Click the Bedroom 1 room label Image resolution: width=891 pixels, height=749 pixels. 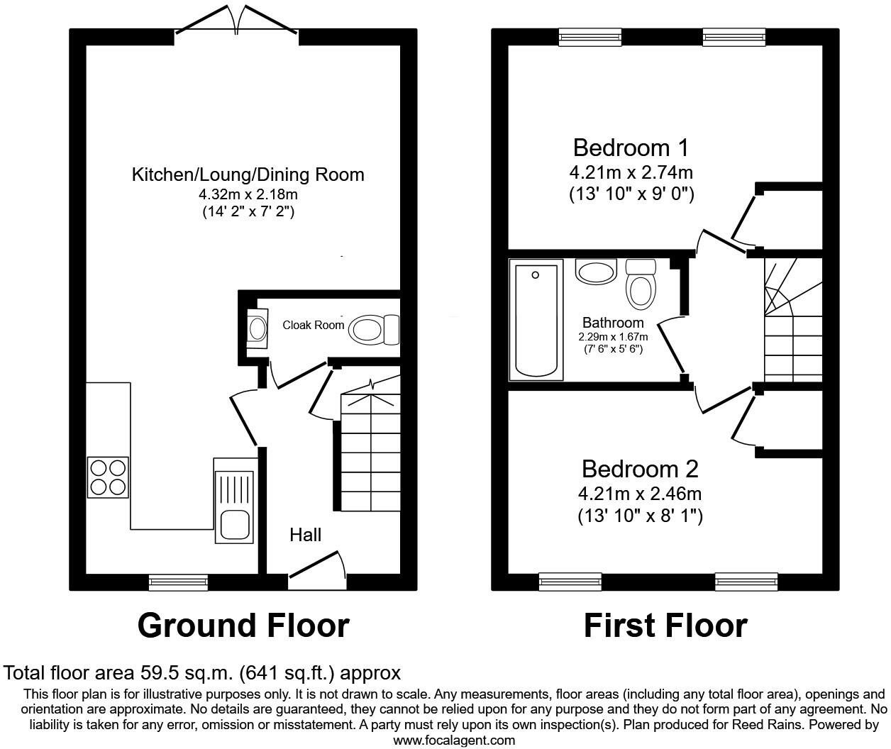tap(631, 148)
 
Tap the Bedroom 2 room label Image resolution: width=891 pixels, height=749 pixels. tap(640, 469)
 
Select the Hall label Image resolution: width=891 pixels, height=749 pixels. tap(305, 535)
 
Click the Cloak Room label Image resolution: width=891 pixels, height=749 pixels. tap(313, 325)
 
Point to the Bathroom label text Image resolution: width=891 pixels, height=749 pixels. tap(613, 323)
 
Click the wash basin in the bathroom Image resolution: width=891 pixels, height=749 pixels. tap(596, 272)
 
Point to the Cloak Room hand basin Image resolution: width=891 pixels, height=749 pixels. tap(256, 328)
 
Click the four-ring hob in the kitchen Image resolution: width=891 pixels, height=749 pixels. tap(109, 477)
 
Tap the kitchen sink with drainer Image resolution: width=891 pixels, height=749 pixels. tap(235, 501)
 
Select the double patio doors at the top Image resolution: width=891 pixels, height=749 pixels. tap(236, 21)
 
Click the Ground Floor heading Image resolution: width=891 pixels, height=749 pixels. tap(243, 626)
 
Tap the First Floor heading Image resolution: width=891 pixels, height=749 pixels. tap(665, 626)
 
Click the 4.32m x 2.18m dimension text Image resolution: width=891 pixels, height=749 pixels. tap(248, 194)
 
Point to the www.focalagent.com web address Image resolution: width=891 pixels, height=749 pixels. tap(454, 740)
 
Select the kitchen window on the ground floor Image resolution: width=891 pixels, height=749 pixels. tap(178, 582)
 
